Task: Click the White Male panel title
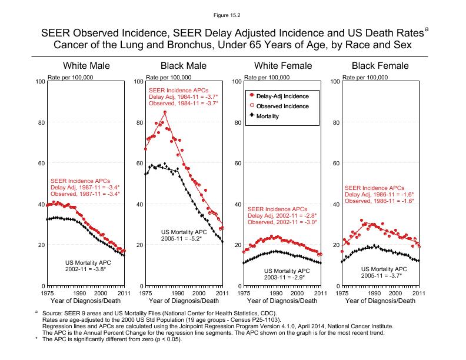pos(86,65)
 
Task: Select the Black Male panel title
pos(184,65)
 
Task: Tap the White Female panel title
pos(282,65)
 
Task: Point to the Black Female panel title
pos(380,65)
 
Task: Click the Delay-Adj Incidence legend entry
pos(282,95)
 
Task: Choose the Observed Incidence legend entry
pos(282,106)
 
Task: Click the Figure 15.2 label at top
pos(232,11)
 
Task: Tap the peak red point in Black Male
pos(165,112)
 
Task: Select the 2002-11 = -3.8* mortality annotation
pos(88,269)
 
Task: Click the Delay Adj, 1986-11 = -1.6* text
pos(379,195)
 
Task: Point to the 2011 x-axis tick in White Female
pos(318,292)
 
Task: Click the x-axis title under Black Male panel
pos(184,301)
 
